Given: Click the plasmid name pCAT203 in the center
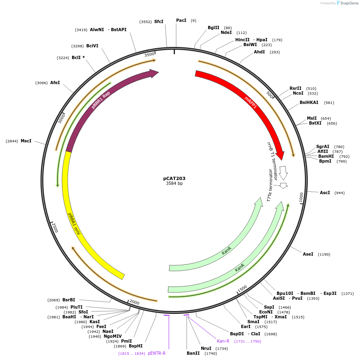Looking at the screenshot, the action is click(174, 178).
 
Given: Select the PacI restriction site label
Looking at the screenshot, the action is click(181, 21).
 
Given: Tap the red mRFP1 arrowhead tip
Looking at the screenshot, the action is click(282, 160).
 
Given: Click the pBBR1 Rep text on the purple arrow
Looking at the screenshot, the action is click(101, 100).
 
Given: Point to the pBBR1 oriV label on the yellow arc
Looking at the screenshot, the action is click(74, 224).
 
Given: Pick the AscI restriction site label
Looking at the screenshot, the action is click(325, 193).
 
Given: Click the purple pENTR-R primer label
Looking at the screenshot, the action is click(157, 353).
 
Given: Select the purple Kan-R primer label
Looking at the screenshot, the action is click(223, 341).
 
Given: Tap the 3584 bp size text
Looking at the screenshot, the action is click(174, 183).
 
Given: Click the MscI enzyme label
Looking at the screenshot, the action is click(26, 141).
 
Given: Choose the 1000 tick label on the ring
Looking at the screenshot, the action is click(301, 197).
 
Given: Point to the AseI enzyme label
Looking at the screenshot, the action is click(308, 254).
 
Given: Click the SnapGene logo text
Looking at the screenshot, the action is click(349, 3).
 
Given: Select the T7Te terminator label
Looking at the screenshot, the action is click(270, 185).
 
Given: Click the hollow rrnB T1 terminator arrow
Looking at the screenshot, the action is click(283, 173).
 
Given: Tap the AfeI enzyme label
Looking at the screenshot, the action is click(55, 83).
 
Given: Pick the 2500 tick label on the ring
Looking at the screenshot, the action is click(55, 227).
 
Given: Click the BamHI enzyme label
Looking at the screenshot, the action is click(326, 156).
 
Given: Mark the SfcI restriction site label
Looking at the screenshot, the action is click(159, 21).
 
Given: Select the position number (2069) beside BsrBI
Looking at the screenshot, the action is click(53, 300).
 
